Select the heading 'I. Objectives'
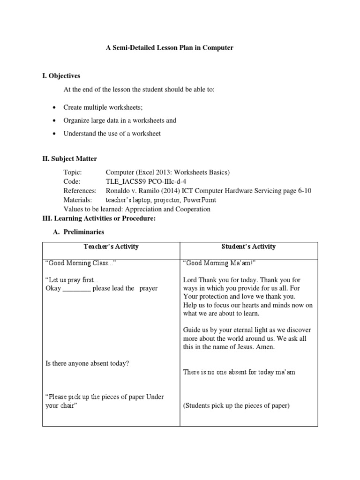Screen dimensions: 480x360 [x=61, y=75]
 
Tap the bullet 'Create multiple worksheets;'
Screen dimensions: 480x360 [x=103, y=107]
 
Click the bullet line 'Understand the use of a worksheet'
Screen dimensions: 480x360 [x=112, y=134]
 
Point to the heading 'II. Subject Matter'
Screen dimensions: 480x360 [x=70, y=159]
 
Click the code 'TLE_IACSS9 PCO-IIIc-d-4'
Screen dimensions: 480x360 [x=149, y=181]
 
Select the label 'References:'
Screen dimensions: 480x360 [x=80, y=191]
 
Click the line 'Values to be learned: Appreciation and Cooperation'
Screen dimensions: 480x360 [x=137, y=209]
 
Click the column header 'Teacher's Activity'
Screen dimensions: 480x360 [x=111, y=247]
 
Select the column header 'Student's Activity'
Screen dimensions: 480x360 [x=249, y=247]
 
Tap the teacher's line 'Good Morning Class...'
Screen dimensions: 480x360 [x=80, y=263]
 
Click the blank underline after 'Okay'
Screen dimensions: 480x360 [x=76, y=289]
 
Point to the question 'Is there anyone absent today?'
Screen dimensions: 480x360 [x=87, y=363]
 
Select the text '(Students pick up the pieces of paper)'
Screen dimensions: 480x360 [x=236, y=405]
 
